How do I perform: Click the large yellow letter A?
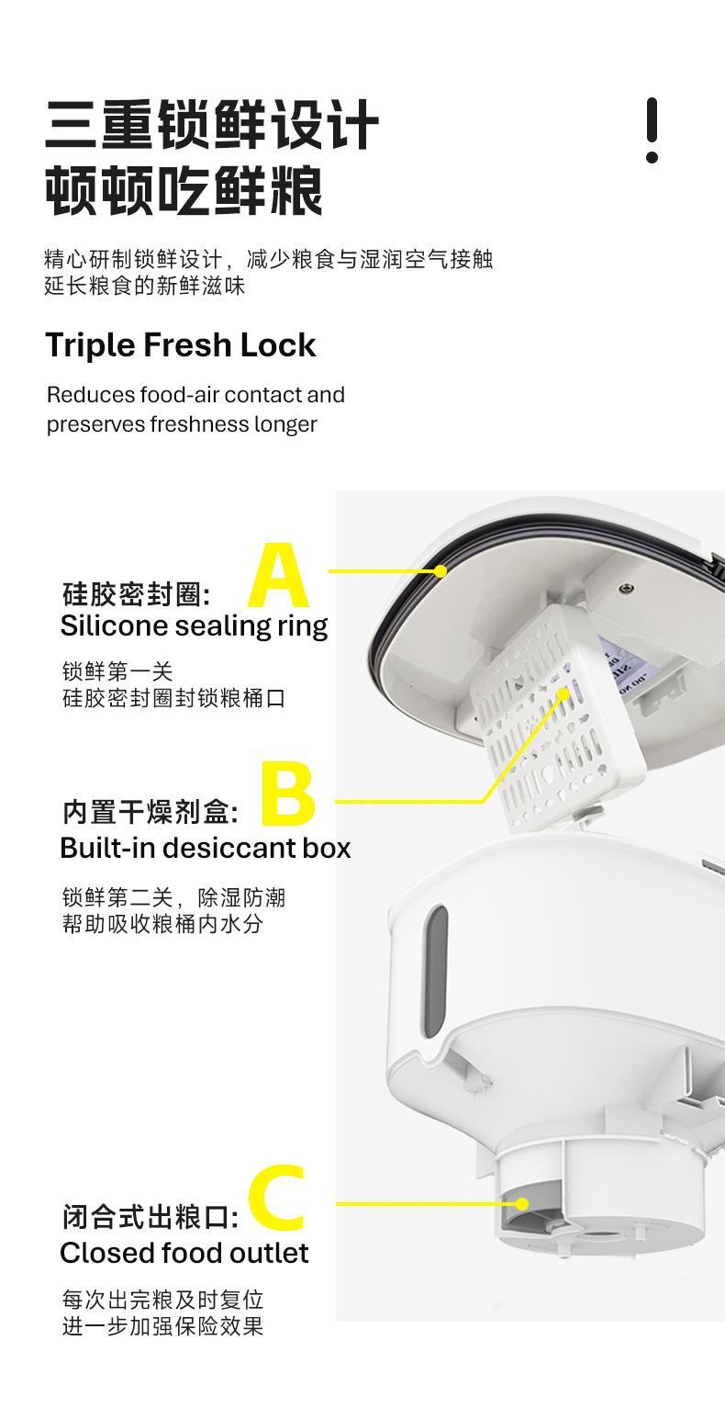click(x=279, y=577)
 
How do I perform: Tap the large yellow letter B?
click(x=288, y=794)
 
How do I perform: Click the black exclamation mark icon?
click(x=652, y=130)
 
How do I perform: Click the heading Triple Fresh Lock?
click(x=181, y=345)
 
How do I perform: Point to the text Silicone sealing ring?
click(x=194, y=625)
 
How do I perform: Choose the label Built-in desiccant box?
click(x=205, y=847)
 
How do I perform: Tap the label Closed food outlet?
click(x=184, y=1253)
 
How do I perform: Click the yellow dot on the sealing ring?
click(x=441, y=571)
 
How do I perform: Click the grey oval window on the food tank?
click(x=435, y=972)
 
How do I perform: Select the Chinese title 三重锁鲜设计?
click(x=212, y=126)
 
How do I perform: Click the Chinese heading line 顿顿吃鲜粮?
click(x=184, y=191)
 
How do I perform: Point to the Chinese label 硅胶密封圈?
click(x=137, y=594)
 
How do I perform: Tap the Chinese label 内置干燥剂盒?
click(x=151, y=813)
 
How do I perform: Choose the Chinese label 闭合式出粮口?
click(x=151, y=1218)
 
